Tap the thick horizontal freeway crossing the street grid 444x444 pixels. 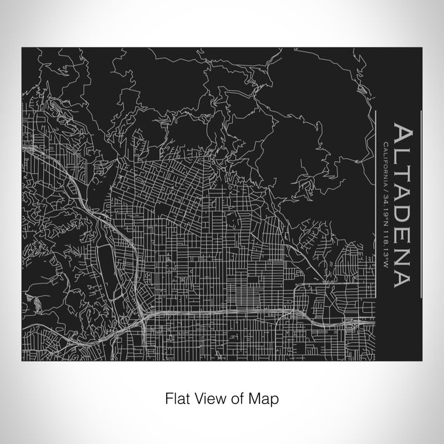(x=241, y=313)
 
